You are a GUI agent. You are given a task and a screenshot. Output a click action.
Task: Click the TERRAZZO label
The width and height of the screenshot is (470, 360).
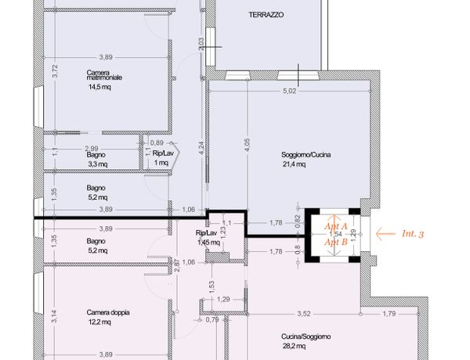(x=266, y=15)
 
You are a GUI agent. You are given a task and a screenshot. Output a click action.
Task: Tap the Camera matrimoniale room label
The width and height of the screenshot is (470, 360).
(x=104, y=75)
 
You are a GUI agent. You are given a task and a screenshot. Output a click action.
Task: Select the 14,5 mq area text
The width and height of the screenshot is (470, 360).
(x=99, y=87)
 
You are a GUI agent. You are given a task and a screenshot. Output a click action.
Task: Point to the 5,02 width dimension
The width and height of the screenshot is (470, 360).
(x=289, y=91)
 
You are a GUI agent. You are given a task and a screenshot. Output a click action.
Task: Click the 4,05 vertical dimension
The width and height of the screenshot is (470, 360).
(x=248, y=145)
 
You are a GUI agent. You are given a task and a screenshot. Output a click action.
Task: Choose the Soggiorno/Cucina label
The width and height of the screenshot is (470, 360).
(x=306, y=155)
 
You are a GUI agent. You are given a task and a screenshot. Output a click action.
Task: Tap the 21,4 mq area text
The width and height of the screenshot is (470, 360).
(x=295, y=164)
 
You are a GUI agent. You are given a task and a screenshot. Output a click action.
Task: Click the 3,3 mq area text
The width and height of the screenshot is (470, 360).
(x=98, y=164)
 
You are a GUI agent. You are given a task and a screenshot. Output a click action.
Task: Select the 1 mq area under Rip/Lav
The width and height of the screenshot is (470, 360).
(x=161, y=163)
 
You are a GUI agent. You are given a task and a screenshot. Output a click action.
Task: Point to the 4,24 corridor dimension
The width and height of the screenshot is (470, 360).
(x=201, y=148)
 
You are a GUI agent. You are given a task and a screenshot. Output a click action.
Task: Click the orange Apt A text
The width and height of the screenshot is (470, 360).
(x=336, y=226)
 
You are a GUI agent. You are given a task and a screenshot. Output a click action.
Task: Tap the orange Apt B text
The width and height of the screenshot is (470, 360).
(x=336, y=242)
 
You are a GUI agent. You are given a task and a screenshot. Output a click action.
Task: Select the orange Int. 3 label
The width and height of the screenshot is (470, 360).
(x=413, y=234)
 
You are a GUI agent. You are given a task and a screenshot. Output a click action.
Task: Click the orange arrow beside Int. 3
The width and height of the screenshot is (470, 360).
(x=385, y=234)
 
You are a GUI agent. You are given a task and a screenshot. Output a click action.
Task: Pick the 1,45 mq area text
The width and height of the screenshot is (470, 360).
(x=209, y=243)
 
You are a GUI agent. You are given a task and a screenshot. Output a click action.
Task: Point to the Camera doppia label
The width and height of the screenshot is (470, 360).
(x=108, y=312)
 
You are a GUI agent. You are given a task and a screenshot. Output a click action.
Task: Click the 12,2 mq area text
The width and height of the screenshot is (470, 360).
(x=99, y=322)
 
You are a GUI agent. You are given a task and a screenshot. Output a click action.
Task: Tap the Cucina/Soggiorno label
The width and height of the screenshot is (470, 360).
(x=306, y=337)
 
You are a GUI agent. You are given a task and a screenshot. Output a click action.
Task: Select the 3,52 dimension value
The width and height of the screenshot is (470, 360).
(x=304, y=314)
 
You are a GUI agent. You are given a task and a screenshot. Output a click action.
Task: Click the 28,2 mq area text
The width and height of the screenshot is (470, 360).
(x=295, y=346)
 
